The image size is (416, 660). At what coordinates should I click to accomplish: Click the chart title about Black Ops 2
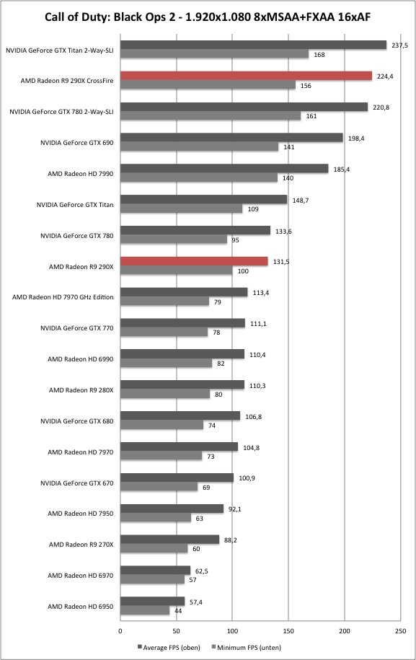208,17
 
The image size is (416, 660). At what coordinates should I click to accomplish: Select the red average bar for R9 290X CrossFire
246,76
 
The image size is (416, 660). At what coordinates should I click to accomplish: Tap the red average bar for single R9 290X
194,261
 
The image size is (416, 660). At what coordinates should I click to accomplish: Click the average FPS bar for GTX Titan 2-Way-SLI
253,45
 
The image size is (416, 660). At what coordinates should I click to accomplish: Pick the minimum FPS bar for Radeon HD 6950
145,610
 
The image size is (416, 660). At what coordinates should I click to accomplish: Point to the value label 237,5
399,45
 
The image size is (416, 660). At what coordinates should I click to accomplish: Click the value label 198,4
356,138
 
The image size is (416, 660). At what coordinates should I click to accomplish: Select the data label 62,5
201,571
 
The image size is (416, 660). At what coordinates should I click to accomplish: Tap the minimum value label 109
253,208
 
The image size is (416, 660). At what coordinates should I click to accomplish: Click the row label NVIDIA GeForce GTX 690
77,143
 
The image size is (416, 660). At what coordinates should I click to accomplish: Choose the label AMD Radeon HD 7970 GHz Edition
63,297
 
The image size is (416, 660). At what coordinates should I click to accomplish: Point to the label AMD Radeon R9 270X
81,545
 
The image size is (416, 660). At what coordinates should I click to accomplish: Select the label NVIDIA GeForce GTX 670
77,483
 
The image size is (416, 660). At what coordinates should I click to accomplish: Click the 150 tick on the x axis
288,631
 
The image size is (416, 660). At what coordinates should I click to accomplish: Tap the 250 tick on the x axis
400,631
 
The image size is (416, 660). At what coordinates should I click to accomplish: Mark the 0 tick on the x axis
120,631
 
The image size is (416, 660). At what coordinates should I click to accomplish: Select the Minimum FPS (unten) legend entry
246,647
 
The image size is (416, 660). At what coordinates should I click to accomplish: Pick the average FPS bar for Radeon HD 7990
224,168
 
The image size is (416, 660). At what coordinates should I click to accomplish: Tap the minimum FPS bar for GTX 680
161,425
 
